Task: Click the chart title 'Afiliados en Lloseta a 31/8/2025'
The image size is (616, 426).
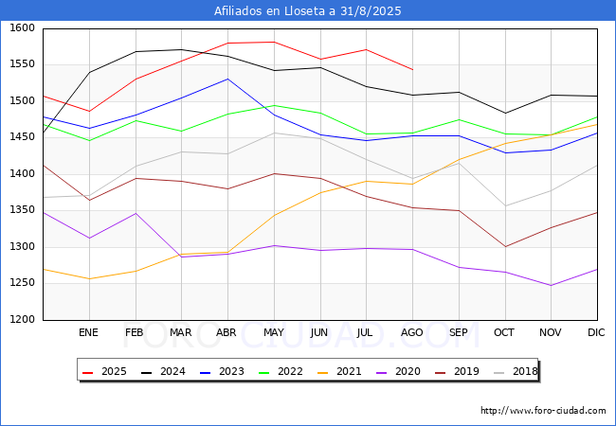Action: click(308, 11)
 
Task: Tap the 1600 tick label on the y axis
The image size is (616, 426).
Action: click(22, 28)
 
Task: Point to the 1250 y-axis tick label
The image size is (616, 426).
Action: click(22, 283)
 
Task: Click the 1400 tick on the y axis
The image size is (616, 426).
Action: click(22, 174)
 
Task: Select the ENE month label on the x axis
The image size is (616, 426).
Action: click(88, 333)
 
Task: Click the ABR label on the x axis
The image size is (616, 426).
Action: click(226, 333)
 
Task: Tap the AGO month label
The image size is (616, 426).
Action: click(412, 333)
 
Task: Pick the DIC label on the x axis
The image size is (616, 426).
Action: click(596, 333)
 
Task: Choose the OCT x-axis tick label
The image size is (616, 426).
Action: click(504, 333)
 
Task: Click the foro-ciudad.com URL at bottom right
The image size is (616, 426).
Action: click(543, 411)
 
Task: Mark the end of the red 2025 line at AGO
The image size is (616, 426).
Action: click(412, 70)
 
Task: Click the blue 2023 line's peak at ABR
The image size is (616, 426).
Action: click(227, 79)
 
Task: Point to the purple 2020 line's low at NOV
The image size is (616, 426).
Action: click(551, 285)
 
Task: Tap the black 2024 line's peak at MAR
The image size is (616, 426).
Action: click(181, 49)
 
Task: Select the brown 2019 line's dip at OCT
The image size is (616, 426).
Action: click(504, 247)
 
